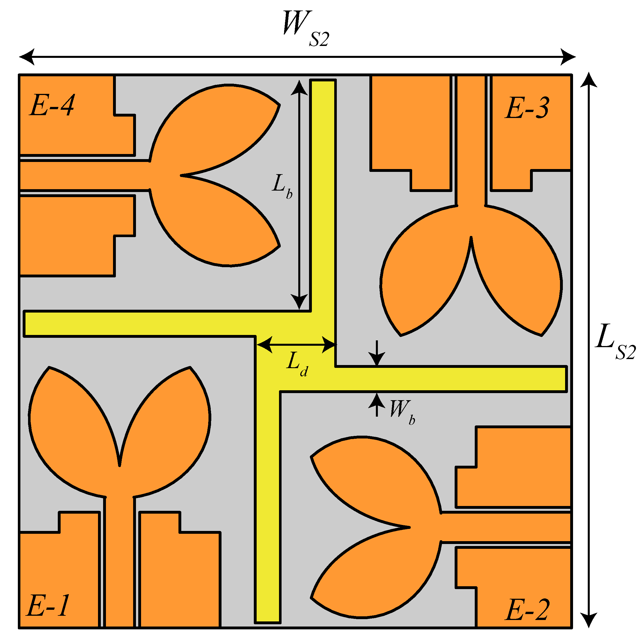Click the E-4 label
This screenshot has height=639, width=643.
[x=52, y=105]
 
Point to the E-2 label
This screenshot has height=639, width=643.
[x=527, y=610]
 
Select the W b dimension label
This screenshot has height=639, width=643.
[x=402, y=412]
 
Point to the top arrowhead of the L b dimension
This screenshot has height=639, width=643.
[x=299, y=87]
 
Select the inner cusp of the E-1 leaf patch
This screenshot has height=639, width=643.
[x=120, y=465]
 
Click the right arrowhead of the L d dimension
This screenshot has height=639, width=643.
[x=329, y=345]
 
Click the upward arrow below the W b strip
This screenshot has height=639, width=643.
[x=377, y=400]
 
